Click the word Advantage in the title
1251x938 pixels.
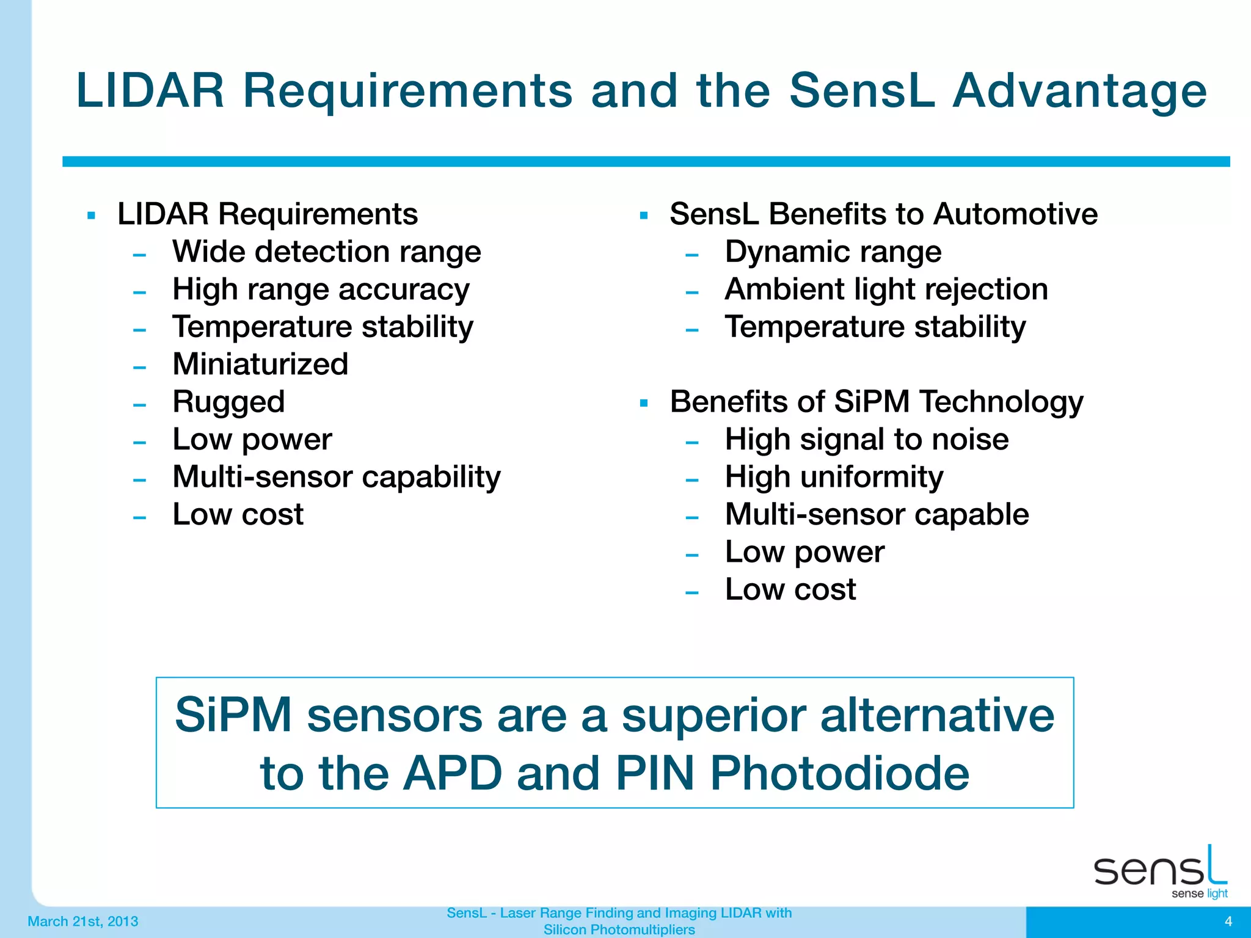tap(1079, 92)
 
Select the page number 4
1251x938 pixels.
tap(1228, 922)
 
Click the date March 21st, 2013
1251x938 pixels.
tap(83, 922)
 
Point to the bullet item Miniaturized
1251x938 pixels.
tap(260, 365)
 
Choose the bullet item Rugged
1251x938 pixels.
tap(228, 402)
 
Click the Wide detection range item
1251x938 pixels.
tap(327, 252)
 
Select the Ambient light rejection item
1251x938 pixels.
tap(886, 289)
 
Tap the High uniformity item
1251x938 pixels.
tap(834, 477)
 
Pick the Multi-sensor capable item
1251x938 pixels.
tap(877, 515)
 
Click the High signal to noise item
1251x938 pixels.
tap(866, 440)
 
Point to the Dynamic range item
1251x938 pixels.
tap(833, 252)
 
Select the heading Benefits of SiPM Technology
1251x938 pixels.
tap(876, 402)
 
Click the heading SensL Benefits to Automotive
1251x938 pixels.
tap(883, 214)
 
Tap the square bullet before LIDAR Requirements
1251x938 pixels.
tap(92, 216)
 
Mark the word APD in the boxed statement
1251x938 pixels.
tap(453, 774)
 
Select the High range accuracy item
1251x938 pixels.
tap(321, 289)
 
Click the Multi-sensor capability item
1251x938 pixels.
tap(336, 477)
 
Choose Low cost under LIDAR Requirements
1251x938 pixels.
tap(238, 515)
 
